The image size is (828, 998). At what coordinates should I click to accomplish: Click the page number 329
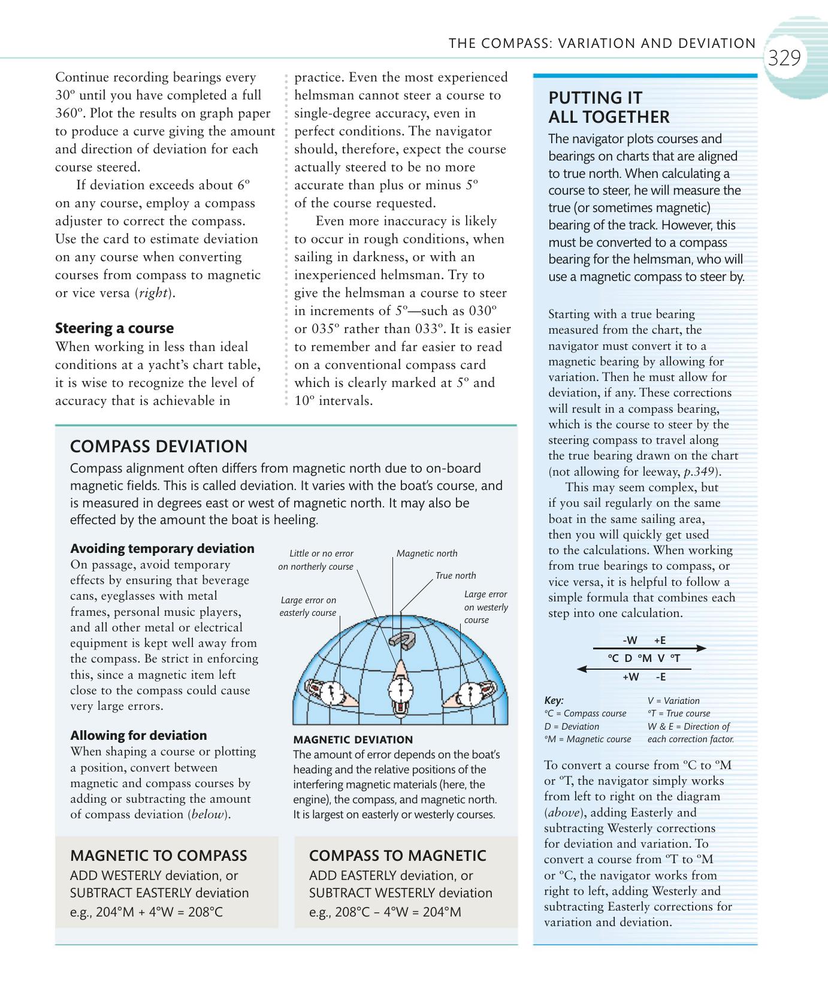[x=784, y=58]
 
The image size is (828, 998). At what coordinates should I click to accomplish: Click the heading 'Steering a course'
[x=114, y=328]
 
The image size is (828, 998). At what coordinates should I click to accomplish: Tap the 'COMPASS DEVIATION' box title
[x=159, y=446]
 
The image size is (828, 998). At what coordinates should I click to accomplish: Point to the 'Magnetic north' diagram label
[x=427, y=554]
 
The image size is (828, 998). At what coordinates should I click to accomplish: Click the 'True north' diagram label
[x=455, y=576]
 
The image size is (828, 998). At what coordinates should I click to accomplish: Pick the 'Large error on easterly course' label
[x=308, y=606]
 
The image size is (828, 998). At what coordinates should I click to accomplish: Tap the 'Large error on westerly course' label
[x=485, y=607]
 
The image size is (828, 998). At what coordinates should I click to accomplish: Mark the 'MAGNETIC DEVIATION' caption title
[x=353, y=740]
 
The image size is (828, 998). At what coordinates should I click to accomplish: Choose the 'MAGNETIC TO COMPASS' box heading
[x=159, y=855]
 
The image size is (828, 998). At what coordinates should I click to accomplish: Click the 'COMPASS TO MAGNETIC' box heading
[x=397, y=855]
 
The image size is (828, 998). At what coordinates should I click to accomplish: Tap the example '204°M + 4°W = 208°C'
[x=146, y=912]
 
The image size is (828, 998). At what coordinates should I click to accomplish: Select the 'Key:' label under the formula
[x=554, y=700]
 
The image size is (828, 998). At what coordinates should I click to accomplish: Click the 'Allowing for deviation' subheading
[x=138, y=736]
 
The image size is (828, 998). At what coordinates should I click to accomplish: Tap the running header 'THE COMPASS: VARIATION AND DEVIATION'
[x=602, y=43]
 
